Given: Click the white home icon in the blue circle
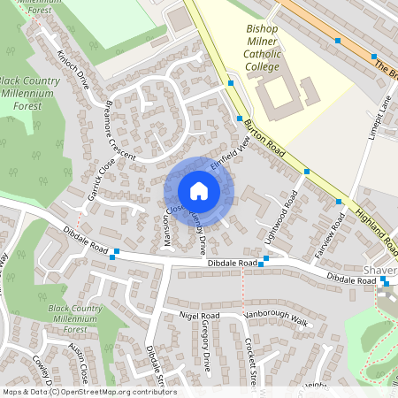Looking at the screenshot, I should coord(199,191).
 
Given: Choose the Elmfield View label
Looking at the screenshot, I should coord(231,154).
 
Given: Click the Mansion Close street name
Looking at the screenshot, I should coord(169,226).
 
